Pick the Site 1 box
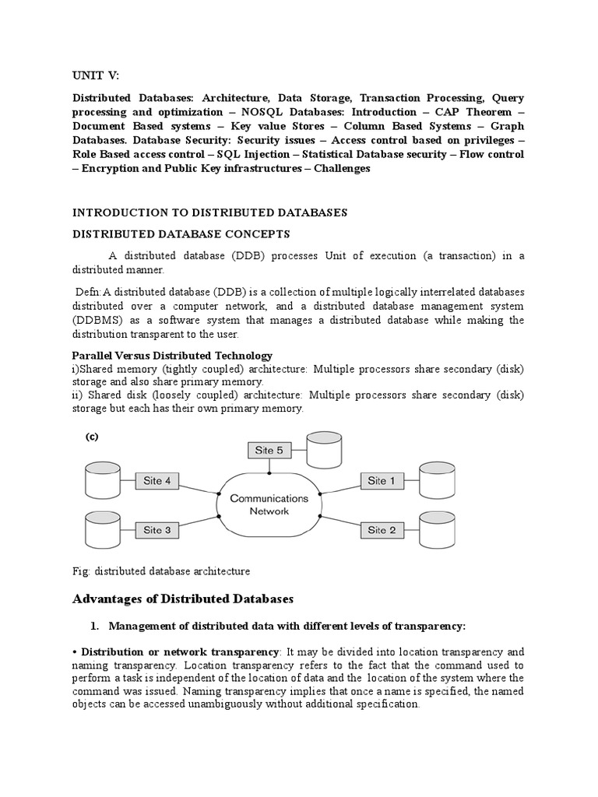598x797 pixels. tap(382, 481)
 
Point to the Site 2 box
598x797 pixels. tap(382, 530)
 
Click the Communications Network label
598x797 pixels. tap(269, 504)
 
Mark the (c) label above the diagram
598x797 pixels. tap(92, 437)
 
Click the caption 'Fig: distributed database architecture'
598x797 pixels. tap(161, 571)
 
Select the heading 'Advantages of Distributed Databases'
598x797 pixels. tap(183, 599)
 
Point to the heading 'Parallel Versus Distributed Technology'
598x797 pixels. tap(172, 356)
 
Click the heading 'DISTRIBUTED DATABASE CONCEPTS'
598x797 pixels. tap(181, 233)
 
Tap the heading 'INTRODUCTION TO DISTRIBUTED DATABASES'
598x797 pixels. tap(209, 212)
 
